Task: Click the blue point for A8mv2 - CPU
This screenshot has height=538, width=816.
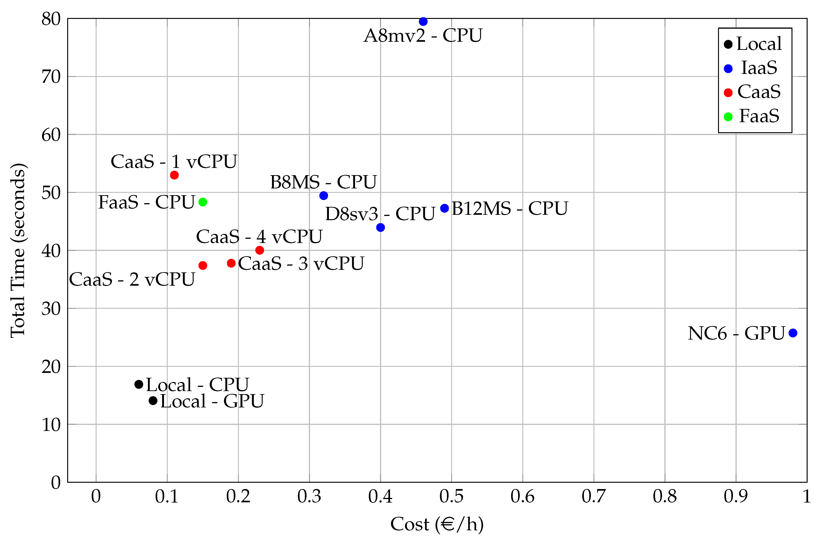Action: [x=423, y=22]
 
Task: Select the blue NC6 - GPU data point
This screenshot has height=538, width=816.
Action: [x=793, y=333]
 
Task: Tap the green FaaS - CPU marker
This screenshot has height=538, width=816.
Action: [x=203, y=202]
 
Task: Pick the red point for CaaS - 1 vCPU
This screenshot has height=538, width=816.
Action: [x=174, y=175]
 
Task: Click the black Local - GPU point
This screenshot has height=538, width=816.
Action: [x=153, y=400]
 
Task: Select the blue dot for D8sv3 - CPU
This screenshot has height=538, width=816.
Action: [x=380, y=227]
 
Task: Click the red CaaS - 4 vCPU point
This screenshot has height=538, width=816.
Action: [x=260, y=250]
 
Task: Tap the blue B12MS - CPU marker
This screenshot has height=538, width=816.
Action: [x=444, y=208]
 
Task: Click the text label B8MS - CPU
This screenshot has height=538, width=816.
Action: [x=323, y=182]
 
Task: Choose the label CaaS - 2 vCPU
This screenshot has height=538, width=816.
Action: [x=132, y=279]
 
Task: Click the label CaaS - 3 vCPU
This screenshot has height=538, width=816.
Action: [x=301, y=264]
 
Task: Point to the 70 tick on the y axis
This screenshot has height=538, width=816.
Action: [x=51, y=77]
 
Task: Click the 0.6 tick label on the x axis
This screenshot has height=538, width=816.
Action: [x=522, y=496]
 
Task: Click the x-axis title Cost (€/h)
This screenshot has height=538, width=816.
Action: [x=437, y=524]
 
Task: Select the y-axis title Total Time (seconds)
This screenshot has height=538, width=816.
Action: [x=18, y=250]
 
